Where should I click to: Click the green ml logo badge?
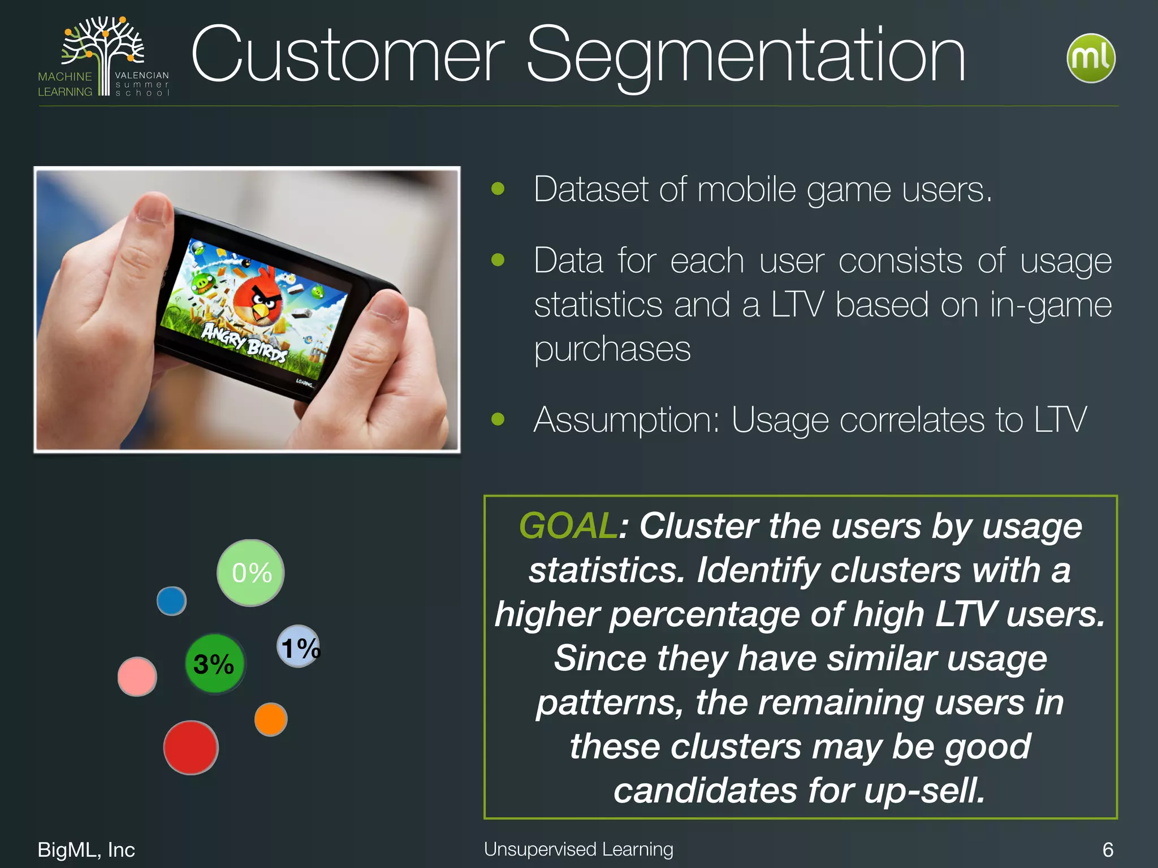(1091, 58)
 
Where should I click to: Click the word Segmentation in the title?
(746, 57)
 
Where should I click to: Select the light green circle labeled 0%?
(250, 572)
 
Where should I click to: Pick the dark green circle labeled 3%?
(215, 664)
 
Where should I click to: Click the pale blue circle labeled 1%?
(299, 646)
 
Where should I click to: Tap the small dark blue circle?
(171, 601)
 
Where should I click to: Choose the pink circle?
(137, 676)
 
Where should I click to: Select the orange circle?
(271, 719)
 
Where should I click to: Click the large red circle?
(191, 747)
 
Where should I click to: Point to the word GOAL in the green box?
(567, 526)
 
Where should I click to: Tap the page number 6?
(1108, 849)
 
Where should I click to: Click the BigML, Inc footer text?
(86, 849)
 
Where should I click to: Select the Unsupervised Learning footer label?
(578, 849)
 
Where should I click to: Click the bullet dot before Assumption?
(498, 419)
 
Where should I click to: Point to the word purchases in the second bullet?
(612, 349)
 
